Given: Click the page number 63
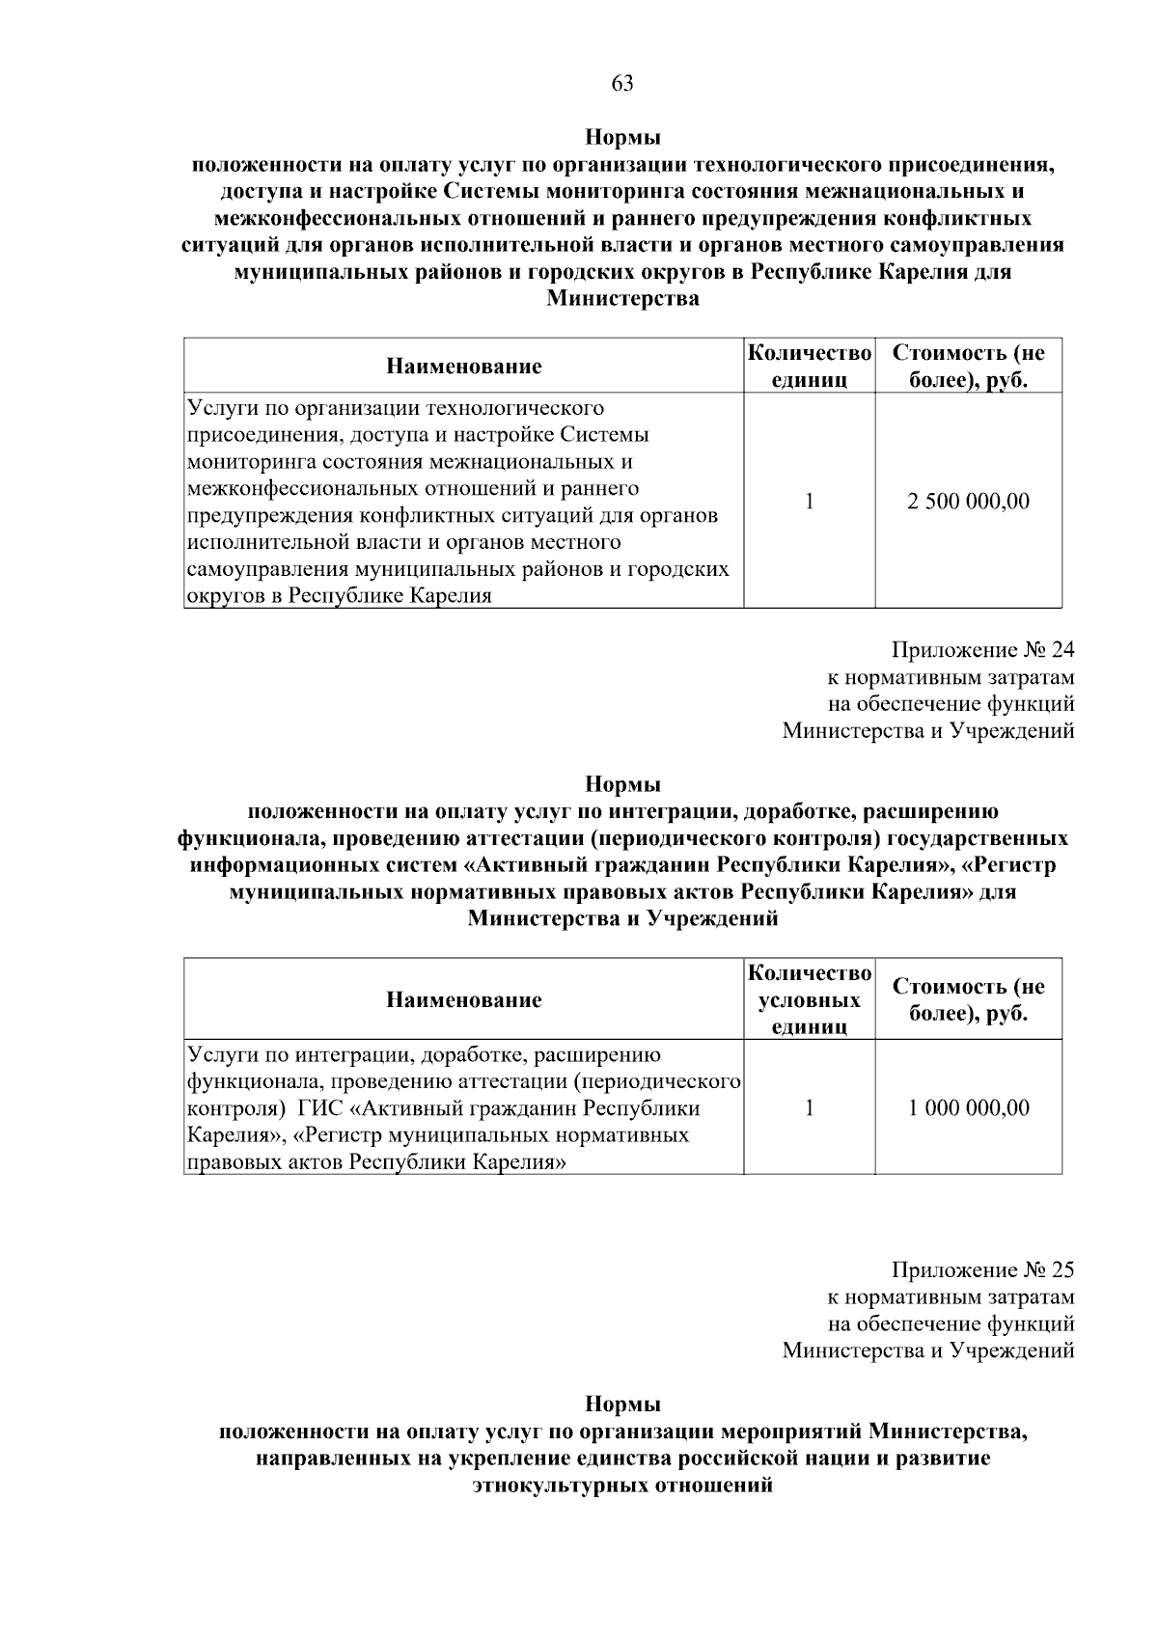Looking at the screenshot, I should pyautogui.click(x=622, y=84).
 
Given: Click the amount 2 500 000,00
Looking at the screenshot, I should pyautogui.click(x=968, y=502).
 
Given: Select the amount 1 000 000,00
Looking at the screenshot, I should pyautogui.click(x=968, y=1107).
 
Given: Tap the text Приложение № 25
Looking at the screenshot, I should pyautogui.click(x=982, y=1269).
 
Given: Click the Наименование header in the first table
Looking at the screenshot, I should pyautogui.click(x=463, y=366).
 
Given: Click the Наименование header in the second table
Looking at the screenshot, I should pyautogui.click(x=463, y=999).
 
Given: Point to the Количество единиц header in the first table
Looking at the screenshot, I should pyautogui.click(x=809, y=366).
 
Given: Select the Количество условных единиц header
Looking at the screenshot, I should pyautogui.click(x=809, y=999).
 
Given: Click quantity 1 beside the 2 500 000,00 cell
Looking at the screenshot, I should pyautogui.click(x=809, y=502).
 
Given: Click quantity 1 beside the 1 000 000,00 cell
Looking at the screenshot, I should pyautogui.click(x=809, y=1107).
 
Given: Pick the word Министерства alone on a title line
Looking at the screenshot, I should pyautogui.click(x=622, y=299).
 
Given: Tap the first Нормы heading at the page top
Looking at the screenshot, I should pyautogui.click(x=622, y=137).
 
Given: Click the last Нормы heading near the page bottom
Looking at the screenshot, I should pyautogui.click(x=622, y=1404).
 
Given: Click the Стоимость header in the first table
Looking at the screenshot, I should pyautogui.click(x=968, y=366).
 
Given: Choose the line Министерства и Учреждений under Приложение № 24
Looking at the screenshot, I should pyautogui.click(x=927, y=730).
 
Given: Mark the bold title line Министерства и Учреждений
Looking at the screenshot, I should pyautogui.click(x=622, y=919).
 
